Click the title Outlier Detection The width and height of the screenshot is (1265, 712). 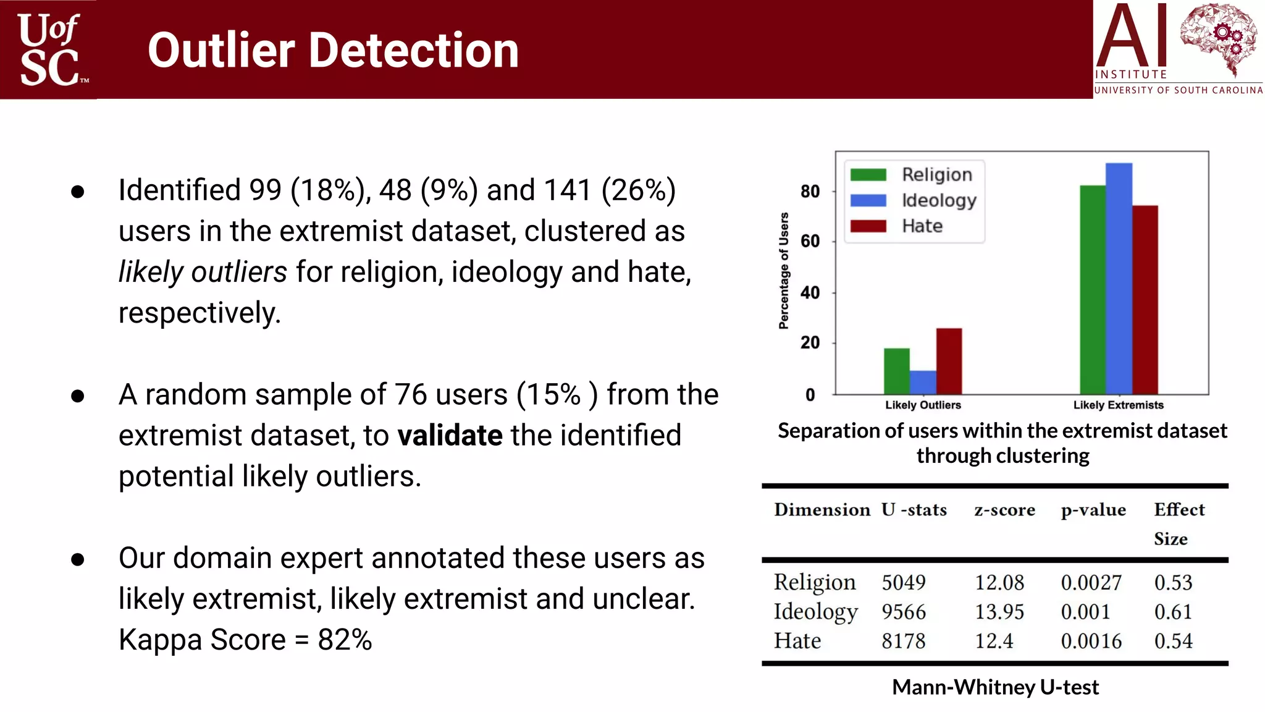coord(333,50)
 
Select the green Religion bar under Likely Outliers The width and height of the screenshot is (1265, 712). coord(896,371)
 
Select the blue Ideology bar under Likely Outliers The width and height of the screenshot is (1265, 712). coord(923,383)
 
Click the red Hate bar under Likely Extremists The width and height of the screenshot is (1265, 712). coord(1145,300)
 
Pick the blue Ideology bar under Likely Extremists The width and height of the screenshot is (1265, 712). coord(1119,278)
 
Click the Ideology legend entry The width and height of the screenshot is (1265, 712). coord(938,200)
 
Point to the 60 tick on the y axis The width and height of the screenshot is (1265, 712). coord(810,241)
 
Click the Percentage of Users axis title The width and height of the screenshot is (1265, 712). coord(784,271)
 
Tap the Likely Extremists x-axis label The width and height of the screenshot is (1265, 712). coord(1118,405)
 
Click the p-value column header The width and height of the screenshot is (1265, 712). coord(1093,510)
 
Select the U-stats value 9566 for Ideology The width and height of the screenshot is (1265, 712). coord(903,612)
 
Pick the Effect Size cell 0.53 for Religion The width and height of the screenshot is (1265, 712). coord(1173,582)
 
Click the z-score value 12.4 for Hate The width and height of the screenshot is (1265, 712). coord(994,641)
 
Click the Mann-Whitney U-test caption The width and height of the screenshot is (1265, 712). coord(995,687)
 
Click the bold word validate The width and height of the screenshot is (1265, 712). coord(450,435)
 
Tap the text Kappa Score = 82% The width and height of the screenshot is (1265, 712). coord(245,640)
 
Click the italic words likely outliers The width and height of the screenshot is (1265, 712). coord(203,272)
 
